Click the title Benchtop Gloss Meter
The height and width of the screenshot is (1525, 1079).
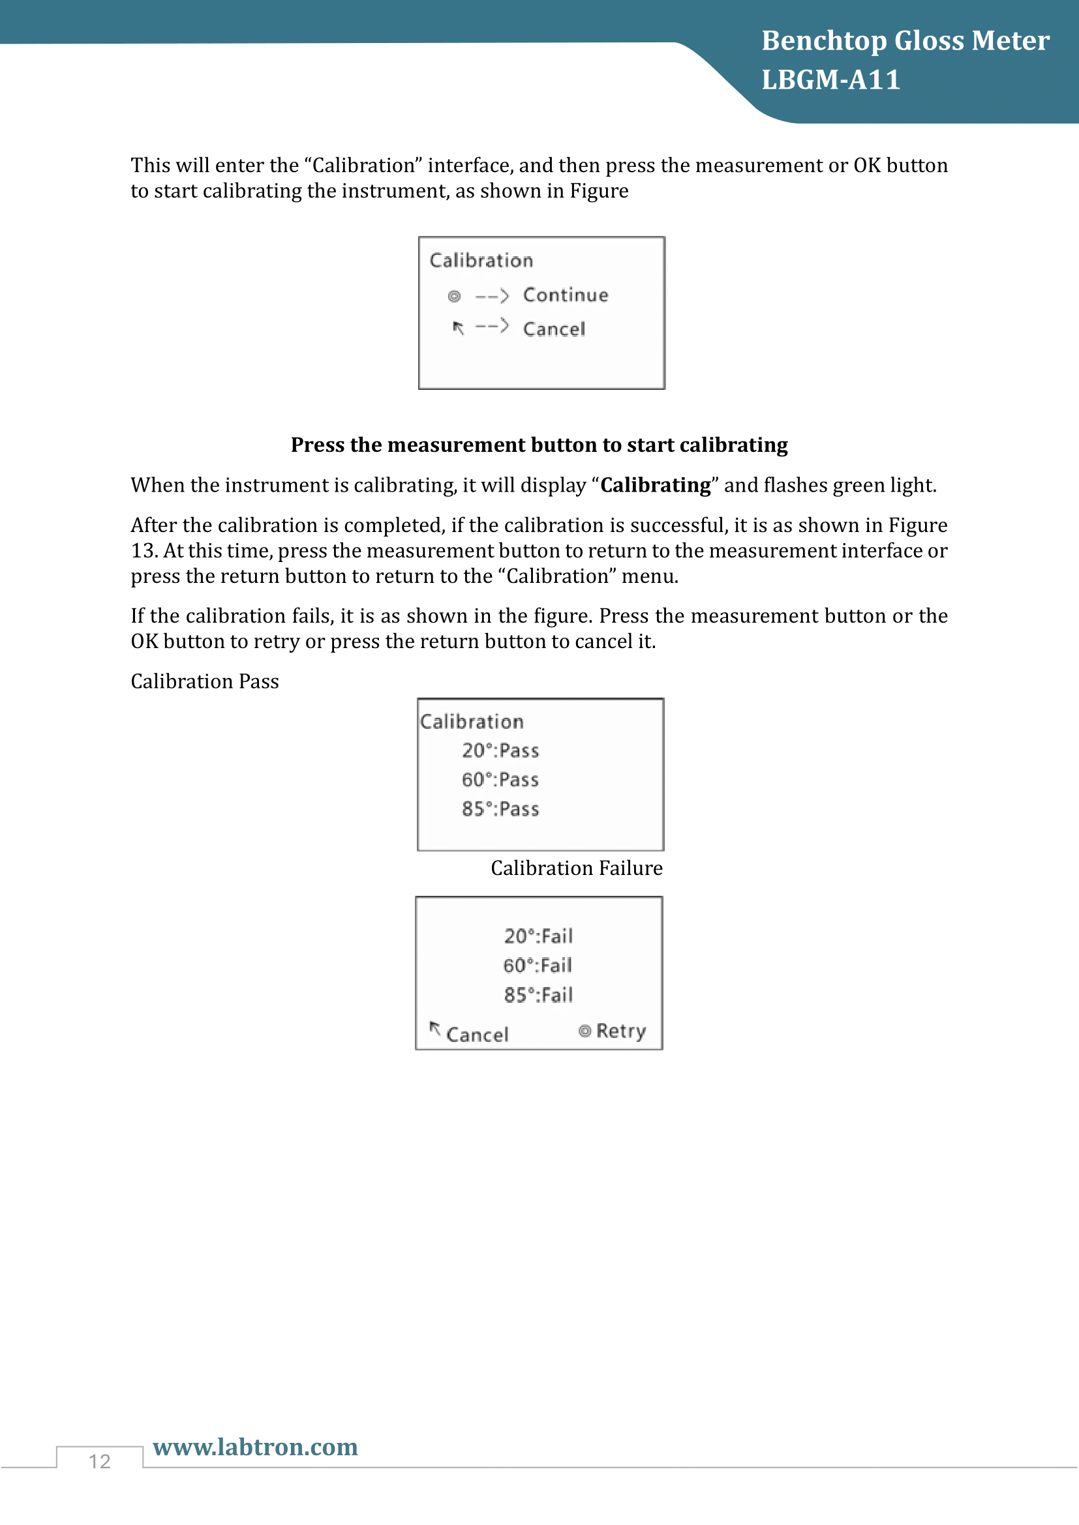point(905,41)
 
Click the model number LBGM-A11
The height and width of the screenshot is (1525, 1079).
point(830,80)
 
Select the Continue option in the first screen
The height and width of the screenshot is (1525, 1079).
point(566,295)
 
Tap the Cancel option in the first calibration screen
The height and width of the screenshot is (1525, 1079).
point(554,329)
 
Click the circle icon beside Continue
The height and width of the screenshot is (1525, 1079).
point(455,296)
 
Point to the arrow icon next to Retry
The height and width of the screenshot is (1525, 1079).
point(585,1031)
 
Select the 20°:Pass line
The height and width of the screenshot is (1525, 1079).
point(500,750)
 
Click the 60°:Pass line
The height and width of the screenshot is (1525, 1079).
point(500,780)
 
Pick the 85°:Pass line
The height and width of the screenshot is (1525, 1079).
point(500,809)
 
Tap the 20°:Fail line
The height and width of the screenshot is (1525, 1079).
point(538,936)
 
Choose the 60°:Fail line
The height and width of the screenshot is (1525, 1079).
point(538,966)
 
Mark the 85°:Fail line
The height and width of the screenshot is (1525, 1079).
point(538,995)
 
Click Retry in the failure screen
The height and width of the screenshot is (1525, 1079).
point(620,1031)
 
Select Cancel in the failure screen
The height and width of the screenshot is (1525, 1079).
point(477,1034)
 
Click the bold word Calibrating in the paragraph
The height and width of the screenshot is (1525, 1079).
point(655,486)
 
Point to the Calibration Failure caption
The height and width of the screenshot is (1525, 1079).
point(577,868)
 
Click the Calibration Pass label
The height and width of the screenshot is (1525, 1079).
point(205,681)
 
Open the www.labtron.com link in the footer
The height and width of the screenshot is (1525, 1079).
point(255,1447)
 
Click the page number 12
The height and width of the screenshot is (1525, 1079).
point(100,1461)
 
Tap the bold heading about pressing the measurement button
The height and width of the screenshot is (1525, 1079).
point(539,445)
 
